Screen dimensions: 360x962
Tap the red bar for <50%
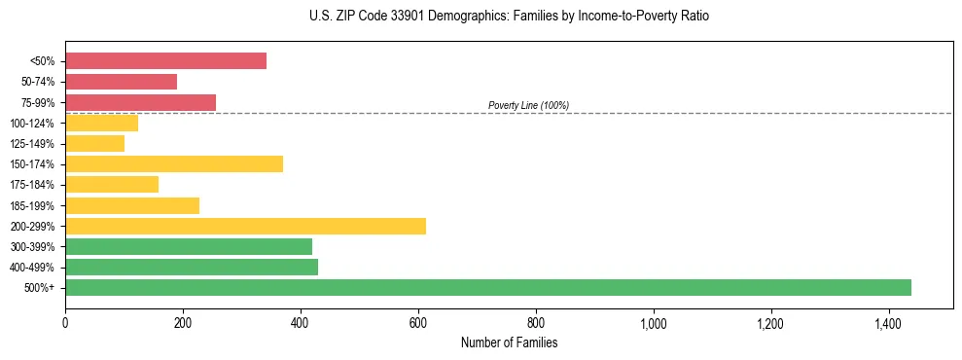[165, 61]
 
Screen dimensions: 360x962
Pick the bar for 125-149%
[94, 144]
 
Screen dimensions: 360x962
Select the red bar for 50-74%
[121, 82]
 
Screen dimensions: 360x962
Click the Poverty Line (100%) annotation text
[528, 105]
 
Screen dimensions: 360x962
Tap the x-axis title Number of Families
[509, 342]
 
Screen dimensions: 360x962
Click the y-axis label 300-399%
[34, 247]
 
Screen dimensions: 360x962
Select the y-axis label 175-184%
[34, 185]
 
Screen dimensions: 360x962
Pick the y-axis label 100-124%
[34, 124]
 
